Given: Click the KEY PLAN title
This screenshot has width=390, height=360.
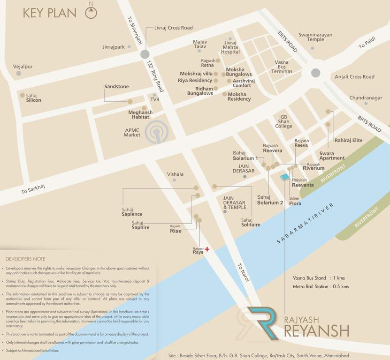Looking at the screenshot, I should (49, 13).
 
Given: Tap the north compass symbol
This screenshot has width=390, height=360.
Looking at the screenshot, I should (91, 13).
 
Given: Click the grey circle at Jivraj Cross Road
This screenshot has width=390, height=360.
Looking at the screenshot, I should (145, 54).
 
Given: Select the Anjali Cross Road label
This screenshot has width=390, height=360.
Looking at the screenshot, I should (354, 76).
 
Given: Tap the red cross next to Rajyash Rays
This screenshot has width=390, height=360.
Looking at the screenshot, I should (207, 250).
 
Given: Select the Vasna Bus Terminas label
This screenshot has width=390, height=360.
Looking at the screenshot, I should (282, 67).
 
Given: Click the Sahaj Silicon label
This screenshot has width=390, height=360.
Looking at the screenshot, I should (33, 97).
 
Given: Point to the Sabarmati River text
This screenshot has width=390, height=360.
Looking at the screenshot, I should (305, 224).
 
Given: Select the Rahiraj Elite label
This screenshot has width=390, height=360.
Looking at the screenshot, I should (348, 140).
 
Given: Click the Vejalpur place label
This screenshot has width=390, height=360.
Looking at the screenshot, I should (23, 67).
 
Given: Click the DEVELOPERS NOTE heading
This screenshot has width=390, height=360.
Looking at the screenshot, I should (25, 259).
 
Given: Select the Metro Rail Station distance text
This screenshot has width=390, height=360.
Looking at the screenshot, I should (321, 286).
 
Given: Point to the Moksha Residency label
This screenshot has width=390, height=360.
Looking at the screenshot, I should (239, 97).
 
